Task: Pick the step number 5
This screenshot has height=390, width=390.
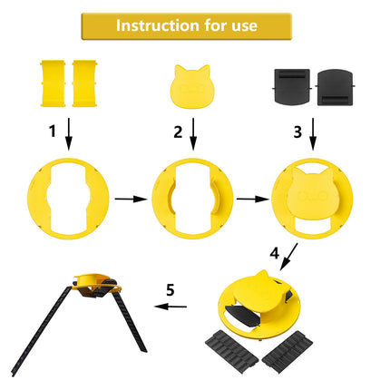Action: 169,291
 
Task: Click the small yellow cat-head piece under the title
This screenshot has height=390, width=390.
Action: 194,85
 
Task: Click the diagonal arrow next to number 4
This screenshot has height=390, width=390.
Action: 288,259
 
